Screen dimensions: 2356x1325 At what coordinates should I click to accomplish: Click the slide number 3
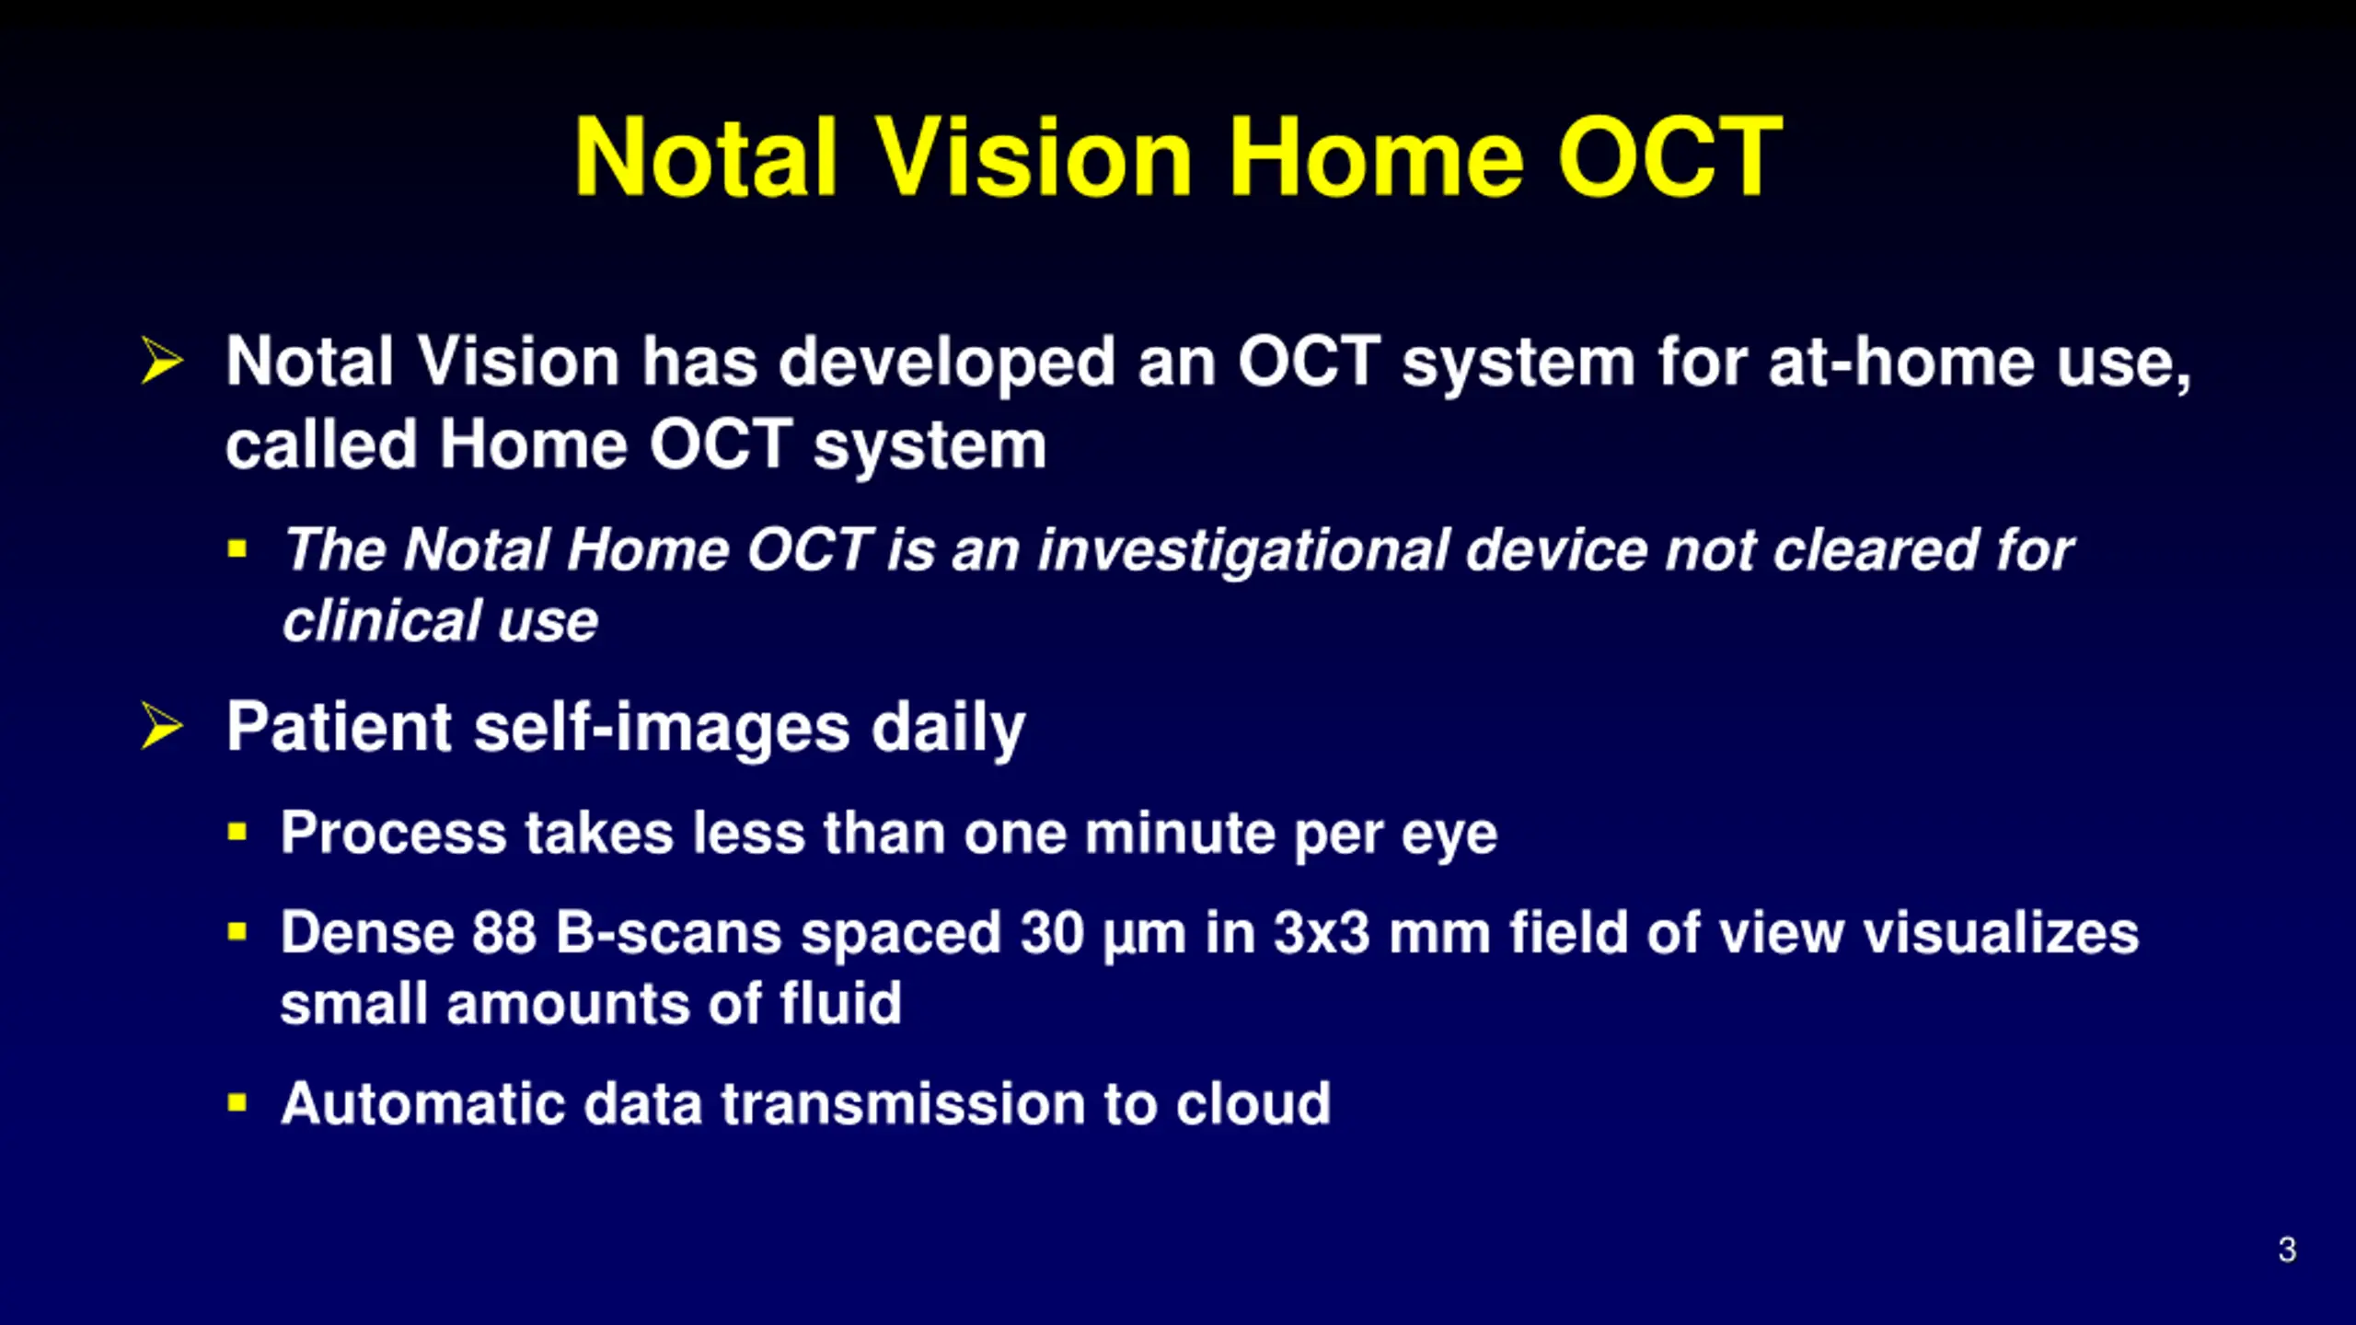pyautogui.click(x=2287, y=1250)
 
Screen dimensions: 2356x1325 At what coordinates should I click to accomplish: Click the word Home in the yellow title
pyautogui.click(x=1377, y=157)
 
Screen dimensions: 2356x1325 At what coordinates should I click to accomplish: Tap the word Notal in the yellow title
pyautogui.click(x=706, y=157)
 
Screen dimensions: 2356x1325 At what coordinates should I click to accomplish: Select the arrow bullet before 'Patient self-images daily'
pyautogui.click(x=162, y=725)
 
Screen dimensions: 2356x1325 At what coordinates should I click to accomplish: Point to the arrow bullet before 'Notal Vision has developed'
pyautogui.click(x=162, y=360)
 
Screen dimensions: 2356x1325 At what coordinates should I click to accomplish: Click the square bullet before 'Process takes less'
pyautogui.click(x=237, y=833)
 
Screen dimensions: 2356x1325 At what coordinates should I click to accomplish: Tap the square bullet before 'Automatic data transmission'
pyautogui.click(x=237, y=1102)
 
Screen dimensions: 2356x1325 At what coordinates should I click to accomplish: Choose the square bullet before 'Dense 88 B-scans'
pyautogui.click(x=237, y=932)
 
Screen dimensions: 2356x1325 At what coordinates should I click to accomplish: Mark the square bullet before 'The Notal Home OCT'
pyautogui.click(x=237, y=549)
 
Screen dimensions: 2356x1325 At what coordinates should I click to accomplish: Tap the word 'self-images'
pyautogui.click(x=662, y=727)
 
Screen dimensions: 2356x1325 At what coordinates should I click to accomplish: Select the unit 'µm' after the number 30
pyautogui.click(x=1144, y=936)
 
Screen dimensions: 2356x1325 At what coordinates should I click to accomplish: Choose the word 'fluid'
pyautogui.click(x=840, y=1002)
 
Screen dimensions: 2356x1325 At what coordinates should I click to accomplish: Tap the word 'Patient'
pyautogui.click(x=339, y=727)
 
